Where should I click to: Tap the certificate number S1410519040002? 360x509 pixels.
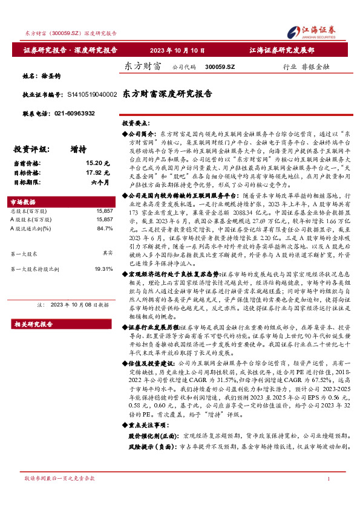[88, 95]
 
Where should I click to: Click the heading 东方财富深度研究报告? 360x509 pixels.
[167, 94]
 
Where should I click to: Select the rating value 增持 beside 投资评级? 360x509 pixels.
[78, 149]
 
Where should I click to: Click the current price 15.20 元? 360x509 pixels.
[97, 163]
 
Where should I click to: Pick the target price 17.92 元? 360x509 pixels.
[97, 172]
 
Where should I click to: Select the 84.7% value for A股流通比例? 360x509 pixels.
[104, 229]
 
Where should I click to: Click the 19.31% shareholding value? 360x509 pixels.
[103, 268]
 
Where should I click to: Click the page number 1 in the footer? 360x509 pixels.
[327, 495]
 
